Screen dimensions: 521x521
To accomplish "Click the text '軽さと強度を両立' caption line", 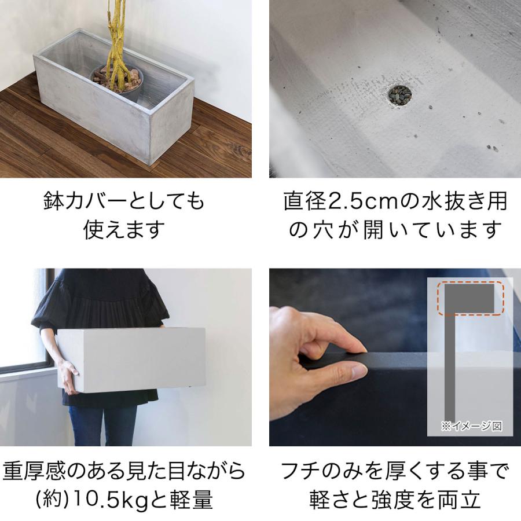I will click(394, 499).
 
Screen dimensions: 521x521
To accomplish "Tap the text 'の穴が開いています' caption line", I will click(394, 230).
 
